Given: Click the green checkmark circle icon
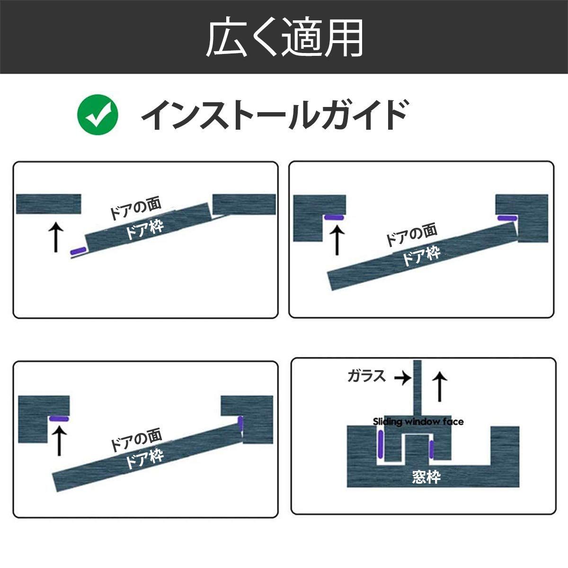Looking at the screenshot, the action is click(98, 115).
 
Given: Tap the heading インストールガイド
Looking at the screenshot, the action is click(275, 115).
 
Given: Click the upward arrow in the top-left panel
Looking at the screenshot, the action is click(56, 237).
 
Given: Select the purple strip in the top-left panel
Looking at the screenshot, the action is click(78, 251).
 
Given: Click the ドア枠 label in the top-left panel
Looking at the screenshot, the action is click(144, 230).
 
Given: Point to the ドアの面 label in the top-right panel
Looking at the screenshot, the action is click(411, 235).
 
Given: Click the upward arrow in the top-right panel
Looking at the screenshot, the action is click(337, 240).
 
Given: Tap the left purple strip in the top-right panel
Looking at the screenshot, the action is click(334, 218).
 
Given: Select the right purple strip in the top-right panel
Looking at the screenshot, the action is click(507, 218).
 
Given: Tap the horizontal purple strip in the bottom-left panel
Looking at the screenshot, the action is click(59, 419).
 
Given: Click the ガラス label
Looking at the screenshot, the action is click(367, 376).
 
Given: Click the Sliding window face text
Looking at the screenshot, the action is click(418, 422).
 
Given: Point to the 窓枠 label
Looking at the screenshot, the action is click(426, 477).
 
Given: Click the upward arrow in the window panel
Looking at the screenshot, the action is click(440, 387).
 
